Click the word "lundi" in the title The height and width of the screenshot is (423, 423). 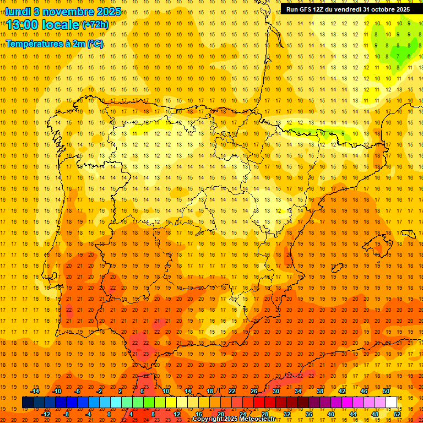coord(18,11)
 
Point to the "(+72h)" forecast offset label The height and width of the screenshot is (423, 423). coord(95,25)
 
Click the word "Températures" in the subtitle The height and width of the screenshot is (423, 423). coord(37,44)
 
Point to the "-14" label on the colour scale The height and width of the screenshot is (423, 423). coord(35,391)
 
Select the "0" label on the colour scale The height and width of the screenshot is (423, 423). coord(109,414)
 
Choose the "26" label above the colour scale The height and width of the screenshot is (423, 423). coord(254,391)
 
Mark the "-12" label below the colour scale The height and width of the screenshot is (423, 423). coord(46,414)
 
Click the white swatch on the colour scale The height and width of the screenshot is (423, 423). coord(391,403)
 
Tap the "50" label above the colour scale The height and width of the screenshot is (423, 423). coord(386,391)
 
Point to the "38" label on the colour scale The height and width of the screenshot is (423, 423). coord(320,391)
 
